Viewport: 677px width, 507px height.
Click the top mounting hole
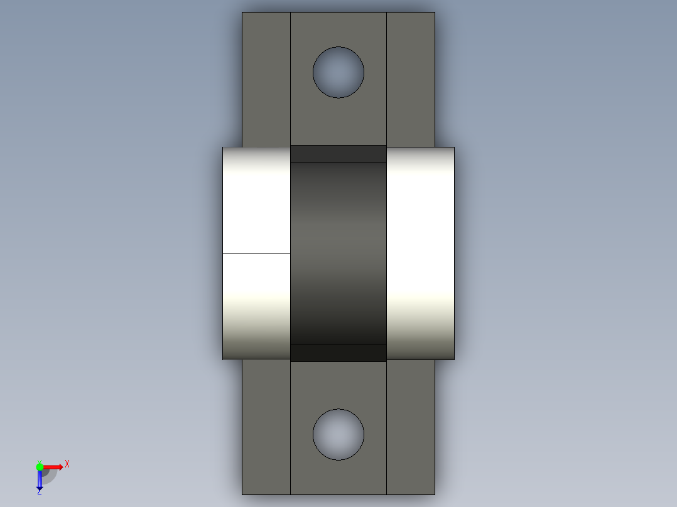(338, 72)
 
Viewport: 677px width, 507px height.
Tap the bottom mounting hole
(338, 435)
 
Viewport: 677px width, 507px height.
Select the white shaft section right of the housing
(420, 253)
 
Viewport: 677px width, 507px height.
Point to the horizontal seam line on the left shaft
(257, 253)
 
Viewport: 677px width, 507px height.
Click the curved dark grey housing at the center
(338, 253)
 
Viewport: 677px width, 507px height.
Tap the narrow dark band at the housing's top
(338, 154)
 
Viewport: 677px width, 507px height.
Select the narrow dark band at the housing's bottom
(338, 353)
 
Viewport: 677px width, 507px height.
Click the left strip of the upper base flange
(266, 79)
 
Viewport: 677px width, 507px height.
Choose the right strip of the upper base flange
(410, 79)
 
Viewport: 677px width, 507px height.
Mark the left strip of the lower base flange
(266, 427)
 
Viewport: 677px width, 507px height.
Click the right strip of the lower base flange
(410, 427)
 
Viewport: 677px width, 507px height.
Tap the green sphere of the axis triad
(40, 466)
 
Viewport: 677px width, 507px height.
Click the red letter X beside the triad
(67, 464)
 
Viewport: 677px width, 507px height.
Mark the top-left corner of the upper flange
(243, 13)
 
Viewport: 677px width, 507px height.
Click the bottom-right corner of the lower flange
(434, 494)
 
